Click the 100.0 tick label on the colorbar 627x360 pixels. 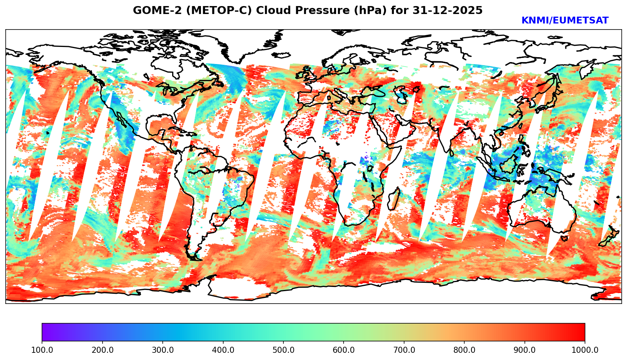point(42,350)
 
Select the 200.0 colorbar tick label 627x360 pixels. point(102,350)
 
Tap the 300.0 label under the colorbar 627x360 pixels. point(163,350)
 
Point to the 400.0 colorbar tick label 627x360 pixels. point(223,350)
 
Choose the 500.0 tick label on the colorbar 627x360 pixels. point(283,350)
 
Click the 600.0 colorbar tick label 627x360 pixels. point(344,350)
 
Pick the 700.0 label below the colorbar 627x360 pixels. point(404,350)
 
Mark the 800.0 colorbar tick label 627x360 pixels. point(464,350)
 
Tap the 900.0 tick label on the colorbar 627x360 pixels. point(525,350)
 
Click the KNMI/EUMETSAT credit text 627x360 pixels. point(565,21)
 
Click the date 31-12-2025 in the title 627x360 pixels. point(448,11)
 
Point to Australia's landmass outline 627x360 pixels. point(541,208)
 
